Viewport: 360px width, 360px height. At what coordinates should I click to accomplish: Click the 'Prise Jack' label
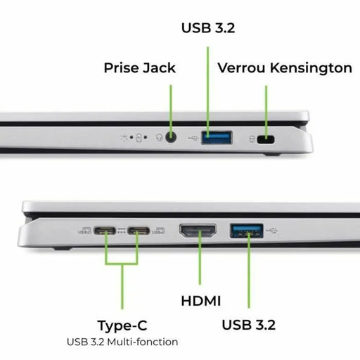click(139, 68)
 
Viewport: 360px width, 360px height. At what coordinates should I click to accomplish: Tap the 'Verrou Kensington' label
click(285, 68)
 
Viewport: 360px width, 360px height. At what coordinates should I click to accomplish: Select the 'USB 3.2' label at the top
click(208, 29)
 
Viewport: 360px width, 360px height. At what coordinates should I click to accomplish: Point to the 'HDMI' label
click(200, 301)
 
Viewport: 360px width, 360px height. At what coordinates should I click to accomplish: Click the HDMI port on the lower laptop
click(200, 231)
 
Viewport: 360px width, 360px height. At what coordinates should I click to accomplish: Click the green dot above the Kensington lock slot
click(266, 89)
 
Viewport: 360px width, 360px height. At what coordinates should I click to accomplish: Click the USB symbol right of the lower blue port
click(273, 230)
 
